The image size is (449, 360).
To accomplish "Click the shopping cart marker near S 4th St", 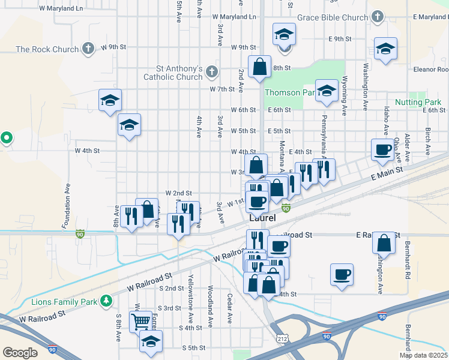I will click(140, 321).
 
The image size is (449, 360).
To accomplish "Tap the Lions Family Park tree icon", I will click(106, 299).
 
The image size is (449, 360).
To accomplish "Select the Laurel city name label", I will click(262, 218).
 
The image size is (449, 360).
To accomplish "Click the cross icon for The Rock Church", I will click(88, 48).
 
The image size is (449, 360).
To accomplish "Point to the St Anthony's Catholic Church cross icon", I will click(211, 72).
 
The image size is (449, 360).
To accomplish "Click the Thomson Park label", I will click(290, 92).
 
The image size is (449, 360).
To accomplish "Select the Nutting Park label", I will click(418, 103).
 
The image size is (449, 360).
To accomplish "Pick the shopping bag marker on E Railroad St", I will click(384, 243).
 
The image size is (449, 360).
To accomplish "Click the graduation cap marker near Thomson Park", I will click(327, 90).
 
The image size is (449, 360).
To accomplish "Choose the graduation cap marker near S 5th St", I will click(151, 342).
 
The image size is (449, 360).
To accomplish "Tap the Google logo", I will click(20, 352).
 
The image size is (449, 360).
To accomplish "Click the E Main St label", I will click(385, 175).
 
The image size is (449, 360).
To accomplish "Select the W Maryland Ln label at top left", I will click(61, 9).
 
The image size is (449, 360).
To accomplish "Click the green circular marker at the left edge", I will click(6, 138).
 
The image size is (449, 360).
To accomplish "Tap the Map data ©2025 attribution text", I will click(423, 355).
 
